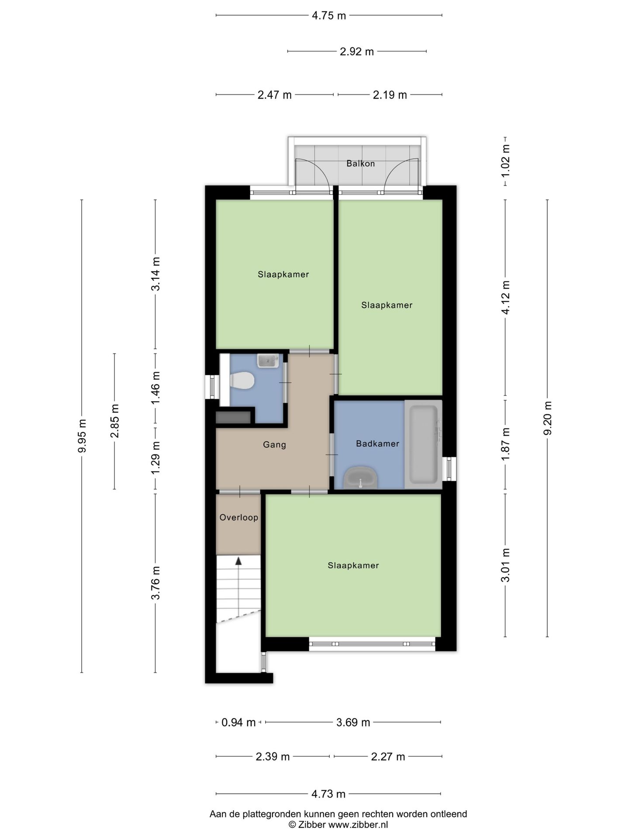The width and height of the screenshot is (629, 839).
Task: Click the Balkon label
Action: [x=360, y=163]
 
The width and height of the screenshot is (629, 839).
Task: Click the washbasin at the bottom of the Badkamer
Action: [x=360, y=478]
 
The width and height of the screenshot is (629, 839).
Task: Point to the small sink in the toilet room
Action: [x=268, y=361]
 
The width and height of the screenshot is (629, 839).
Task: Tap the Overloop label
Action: [x=238, y=517]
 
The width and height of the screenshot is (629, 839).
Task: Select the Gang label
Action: [x=274, y=445]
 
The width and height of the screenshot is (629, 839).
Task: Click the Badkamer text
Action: [x=377, y=444]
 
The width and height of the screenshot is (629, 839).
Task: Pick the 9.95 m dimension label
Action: [x=82, y=436]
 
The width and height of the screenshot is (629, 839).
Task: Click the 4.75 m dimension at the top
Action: [x=328, y=16]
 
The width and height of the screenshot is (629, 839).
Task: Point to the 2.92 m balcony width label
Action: [x=357, y=52]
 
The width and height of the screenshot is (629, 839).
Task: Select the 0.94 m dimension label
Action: [x=238, y=723]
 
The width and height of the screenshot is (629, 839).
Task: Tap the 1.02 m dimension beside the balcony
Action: [x=505, y=161]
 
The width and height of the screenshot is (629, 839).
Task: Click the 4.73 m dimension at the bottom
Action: [x=328, y=794]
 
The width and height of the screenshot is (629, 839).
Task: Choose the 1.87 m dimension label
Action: [x=505, y=444]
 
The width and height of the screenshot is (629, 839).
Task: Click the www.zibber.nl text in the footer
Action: [x=358, y=825]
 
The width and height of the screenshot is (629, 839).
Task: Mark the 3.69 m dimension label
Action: [x=353, y=723]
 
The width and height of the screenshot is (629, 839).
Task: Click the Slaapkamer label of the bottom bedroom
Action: [x=353, y=565]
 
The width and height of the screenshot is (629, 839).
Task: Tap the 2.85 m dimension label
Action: [x=114, y=421]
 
